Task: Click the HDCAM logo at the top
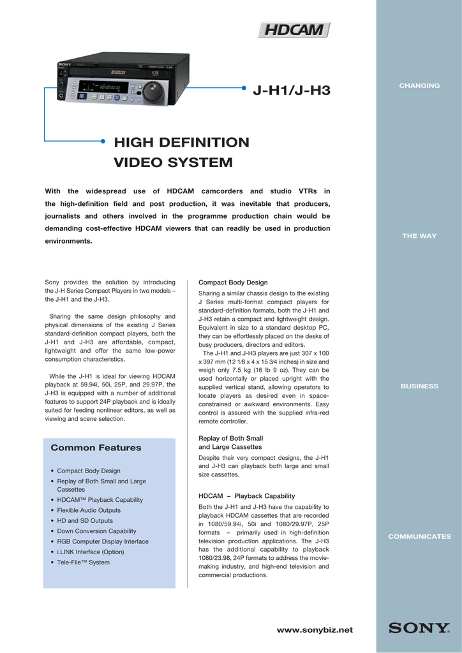coord(294,30)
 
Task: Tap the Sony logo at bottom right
coord(419,628)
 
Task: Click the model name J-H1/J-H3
coord(292,91)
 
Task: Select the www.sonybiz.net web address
coord(314,630)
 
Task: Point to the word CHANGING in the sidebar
coord(419,85)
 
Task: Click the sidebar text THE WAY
coord(419,236)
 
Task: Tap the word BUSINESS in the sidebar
coord(419,386)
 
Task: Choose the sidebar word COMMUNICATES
coord(419,537)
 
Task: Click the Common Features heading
coord(96,448)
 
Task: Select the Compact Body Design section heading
coord(233,282)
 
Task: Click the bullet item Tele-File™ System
coord(83,562)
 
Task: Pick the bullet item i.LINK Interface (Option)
coord(90,552)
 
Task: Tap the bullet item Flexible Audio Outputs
coord(89,510)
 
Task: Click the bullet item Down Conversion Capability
coord(96,531)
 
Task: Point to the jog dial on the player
coord(153,91)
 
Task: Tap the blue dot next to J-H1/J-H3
coord(246,91)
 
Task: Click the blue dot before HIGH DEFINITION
coord(103,142)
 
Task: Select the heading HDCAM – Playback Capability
coord(246,495)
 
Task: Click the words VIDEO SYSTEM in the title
coord(173,163)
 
